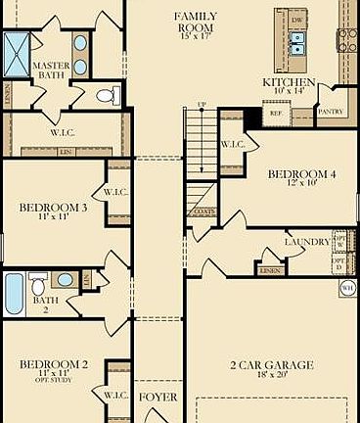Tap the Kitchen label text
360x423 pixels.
pyautogui.click(x=288, y=82)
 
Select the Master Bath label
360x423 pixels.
pyautogui.click(x=50, y=72)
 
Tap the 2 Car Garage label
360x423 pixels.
pyautogui.click(x=272, y=365)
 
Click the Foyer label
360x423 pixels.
pyautogui.click(x=158, y=398)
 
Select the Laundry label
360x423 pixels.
pyautogui.click(x=306, y=242)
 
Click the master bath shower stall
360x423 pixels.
pyautogui.click(x=17, y=49)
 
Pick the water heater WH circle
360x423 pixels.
pyautogui.click(x=347, y=288)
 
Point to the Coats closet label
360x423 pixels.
pyautogui.click(x=203, y=211)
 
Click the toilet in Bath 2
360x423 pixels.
pyautogui.click(x=38, y=286)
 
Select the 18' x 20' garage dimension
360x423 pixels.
pyautogui.click(x=272, y=377)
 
